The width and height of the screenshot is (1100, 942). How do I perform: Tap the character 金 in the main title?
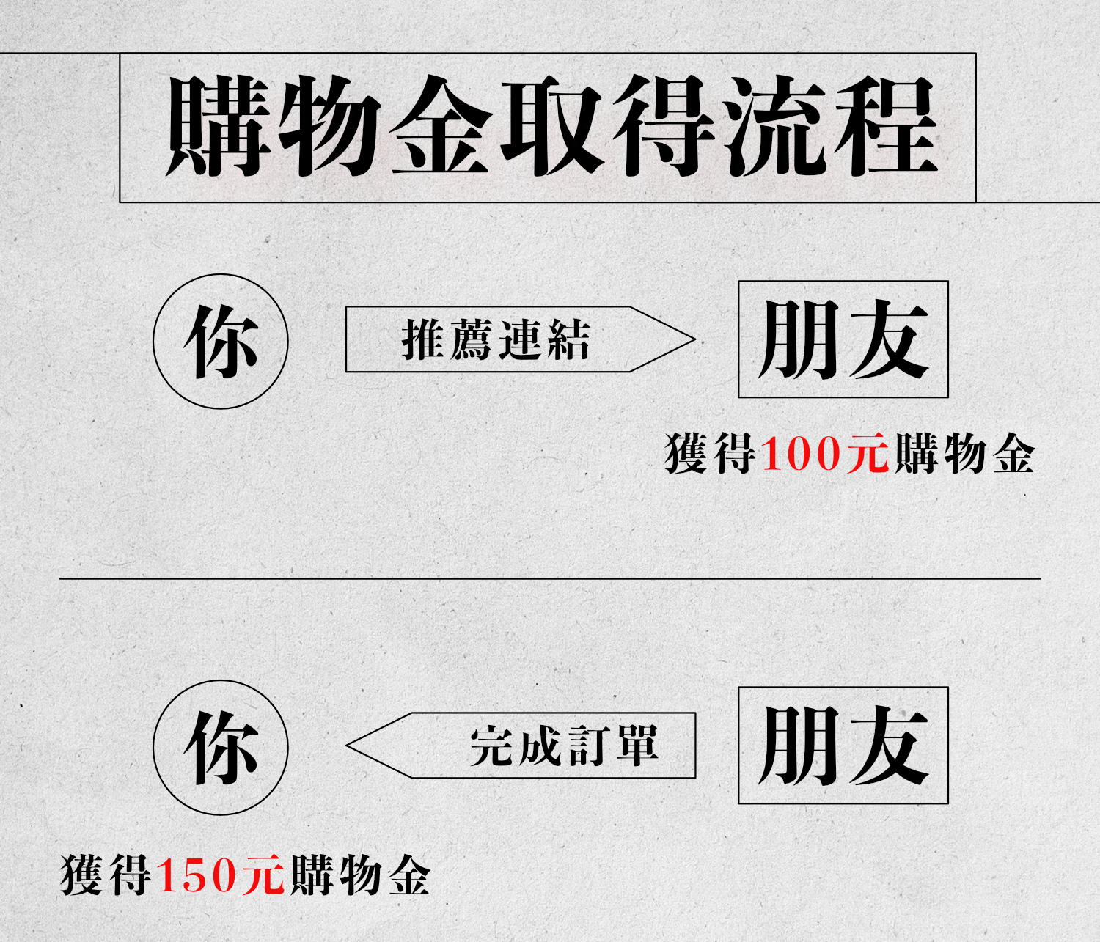click(441, 126)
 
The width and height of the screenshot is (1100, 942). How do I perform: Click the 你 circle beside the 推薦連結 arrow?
click(221, 341)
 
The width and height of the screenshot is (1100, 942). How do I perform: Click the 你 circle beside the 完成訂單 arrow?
click(221, 748)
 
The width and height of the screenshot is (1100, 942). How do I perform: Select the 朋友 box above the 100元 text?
click(843, 339)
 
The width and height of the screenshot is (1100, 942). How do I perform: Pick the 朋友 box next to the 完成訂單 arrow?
click(843, 746)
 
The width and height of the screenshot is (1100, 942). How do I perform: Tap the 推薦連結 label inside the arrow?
click(496, 339)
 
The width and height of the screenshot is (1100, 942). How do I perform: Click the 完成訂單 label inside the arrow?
click(564, 746)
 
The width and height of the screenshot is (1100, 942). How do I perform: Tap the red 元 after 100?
click(868, 454)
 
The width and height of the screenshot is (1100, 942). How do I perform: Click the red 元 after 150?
click(263, 875)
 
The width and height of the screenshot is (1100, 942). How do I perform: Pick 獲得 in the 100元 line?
click(710, 454)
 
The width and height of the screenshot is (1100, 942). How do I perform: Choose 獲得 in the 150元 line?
click(106, 875)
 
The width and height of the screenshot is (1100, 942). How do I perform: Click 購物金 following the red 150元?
click(359, 875)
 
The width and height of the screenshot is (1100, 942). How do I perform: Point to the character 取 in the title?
click(553, 126)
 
